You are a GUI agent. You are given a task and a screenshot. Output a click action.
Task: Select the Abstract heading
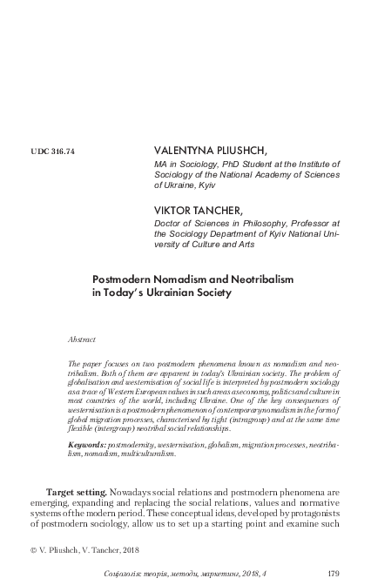click(x=82, y=338)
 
